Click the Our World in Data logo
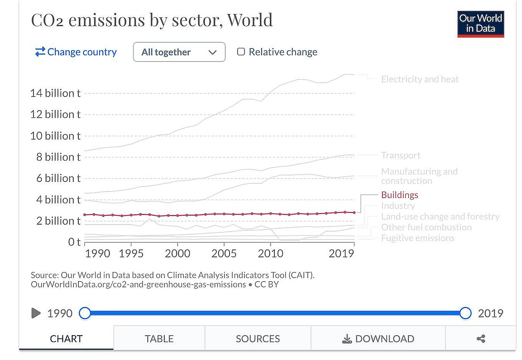click(481, 24)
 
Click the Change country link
click(76, 52)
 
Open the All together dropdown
click(179, 52)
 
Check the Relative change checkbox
click(241, 52)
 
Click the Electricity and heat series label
click(420, 79)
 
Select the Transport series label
click(401, 155)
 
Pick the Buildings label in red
click(399, 195)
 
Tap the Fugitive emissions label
click(418, 238)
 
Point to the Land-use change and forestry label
click(440, 216)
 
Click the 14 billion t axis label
click(55, 93)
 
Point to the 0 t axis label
click(74, 242)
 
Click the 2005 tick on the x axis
click(224, 253)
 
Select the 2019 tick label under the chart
click(341, 253)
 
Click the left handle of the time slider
click(85, 313)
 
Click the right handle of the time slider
click(465, 313)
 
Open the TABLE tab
click(159, 339)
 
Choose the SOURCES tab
click(258, 339)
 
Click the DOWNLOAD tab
click(378, 339)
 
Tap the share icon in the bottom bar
click(481, 339)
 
